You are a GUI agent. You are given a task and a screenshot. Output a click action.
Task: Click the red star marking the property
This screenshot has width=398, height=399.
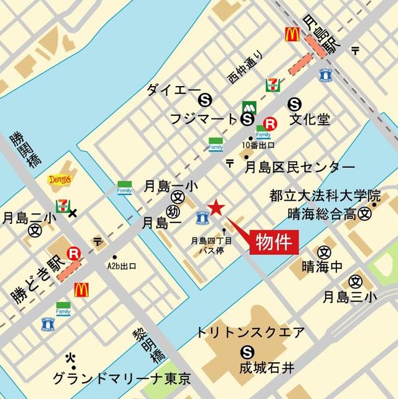[216, 208]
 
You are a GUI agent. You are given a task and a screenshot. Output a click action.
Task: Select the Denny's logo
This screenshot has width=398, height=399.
[60, 180]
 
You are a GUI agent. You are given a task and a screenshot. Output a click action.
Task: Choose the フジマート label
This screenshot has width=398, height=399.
[203, 118]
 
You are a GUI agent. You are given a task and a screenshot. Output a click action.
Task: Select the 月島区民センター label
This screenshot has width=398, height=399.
[299, 166]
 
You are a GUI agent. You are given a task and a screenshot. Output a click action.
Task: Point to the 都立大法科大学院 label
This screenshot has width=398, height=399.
[325, 195]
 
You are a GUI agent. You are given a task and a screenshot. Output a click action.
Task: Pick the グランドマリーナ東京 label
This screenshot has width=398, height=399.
[121, 378]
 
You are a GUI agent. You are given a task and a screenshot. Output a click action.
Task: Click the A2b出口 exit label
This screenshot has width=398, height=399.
[121, 266]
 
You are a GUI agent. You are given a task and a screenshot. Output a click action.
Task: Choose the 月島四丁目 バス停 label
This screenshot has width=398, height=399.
[211, 244]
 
